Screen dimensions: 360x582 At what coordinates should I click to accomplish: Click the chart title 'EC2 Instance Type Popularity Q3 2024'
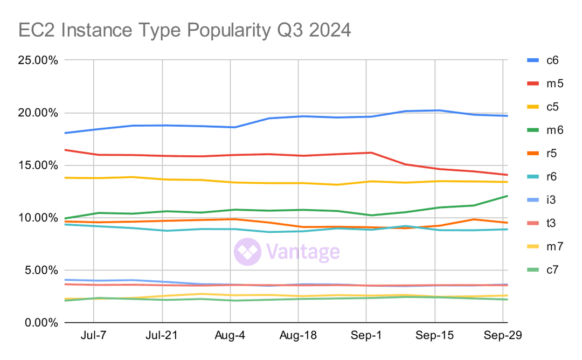pos(185,30)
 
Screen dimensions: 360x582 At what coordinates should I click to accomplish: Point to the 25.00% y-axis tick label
pos(38,60)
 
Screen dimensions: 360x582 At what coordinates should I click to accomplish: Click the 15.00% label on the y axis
pos(38,165)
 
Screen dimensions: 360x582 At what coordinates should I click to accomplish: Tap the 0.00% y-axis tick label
pos(40,323)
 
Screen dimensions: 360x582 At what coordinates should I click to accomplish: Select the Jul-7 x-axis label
pos(94,336)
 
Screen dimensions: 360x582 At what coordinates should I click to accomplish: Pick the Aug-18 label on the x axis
pos(298,336)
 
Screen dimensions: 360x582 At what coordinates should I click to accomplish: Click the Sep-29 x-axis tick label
pos(502,336)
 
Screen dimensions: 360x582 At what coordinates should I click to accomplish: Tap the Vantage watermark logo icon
pos(247,252)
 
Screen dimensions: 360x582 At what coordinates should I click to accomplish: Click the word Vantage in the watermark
pos(303,252)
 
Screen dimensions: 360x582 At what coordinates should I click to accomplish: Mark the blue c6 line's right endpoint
pos(508,116)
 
